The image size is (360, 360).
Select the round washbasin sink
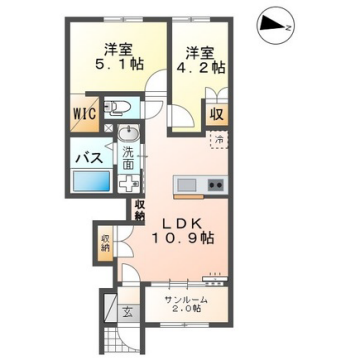(126, 139)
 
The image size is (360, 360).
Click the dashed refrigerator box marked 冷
(217, 142)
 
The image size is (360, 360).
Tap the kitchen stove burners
(214, 185)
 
